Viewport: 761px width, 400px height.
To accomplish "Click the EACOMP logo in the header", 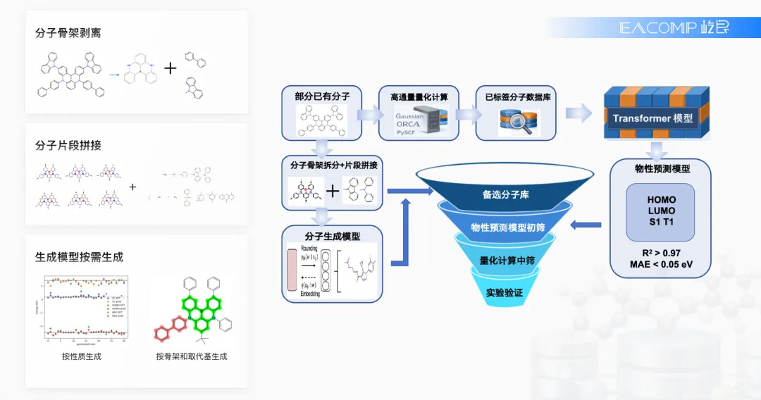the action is tap(674, 27).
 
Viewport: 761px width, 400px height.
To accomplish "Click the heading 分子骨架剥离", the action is tap(68, 33).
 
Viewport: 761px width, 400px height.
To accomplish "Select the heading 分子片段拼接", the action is tap(68, 145).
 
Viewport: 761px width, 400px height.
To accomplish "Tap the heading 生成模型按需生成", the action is tap(79, 257).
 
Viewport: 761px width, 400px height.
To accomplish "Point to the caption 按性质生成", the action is tap(82, 356).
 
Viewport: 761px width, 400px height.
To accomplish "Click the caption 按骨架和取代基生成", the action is tap(192, 356).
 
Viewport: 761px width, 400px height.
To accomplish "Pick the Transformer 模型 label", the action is tap(652, 118).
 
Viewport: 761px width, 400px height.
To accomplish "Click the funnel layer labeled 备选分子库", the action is tap(505, 194).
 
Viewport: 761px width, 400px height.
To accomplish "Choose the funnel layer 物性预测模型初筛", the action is tap(507, 227).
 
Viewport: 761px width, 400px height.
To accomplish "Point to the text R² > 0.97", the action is tap(660, 251).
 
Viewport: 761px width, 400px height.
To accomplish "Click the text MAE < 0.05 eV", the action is tap(660, 264).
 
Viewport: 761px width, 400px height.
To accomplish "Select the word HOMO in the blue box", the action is tap(660, 200).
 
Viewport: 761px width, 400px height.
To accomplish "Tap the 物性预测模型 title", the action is tap(660, 169).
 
